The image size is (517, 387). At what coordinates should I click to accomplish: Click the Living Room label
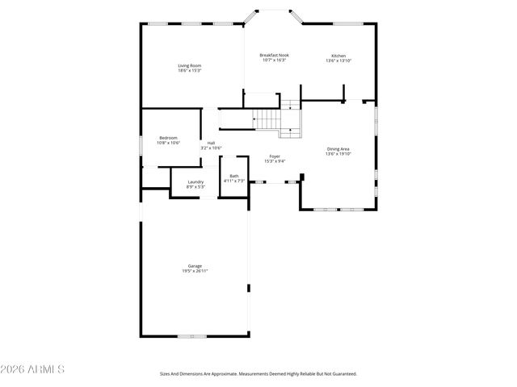190,65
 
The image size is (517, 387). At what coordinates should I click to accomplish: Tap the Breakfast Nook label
275,55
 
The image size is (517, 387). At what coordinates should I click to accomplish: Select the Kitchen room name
338,56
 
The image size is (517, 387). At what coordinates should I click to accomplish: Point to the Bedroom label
168,137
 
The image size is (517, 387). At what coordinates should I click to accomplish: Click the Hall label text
211,143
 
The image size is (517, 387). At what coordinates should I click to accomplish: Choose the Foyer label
275,156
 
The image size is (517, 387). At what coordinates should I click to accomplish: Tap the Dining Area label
338,148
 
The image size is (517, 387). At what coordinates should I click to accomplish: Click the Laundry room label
195,181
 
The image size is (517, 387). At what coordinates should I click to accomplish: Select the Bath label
234,176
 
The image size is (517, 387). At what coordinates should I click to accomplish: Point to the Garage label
195,265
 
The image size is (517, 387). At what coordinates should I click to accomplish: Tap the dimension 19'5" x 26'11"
195,271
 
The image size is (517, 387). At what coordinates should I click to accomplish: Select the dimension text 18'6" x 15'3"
190,71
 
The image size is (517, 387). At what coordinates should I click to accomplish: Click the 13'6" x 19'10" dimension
338,154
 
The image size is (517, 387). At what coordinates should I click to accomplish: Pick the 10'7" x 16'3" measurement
275,60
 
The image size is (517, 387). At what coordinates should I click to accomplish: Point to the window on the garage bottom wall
191,335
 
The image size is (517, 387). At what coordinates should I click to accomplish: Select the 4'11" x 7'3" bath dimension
234,181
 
